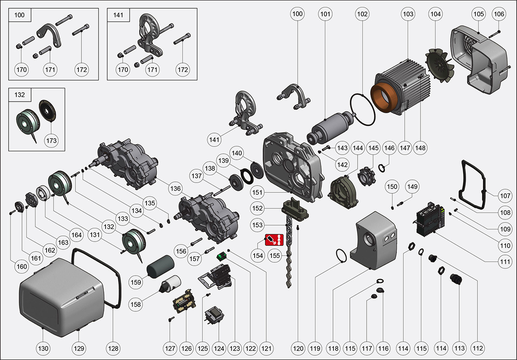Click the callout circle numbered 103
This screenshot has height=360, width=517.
pos(408,14)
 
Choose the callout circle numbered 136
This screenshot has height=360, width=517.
pos(175,188)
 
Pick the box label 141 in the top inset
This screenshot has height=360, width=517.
pos(118,15)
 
